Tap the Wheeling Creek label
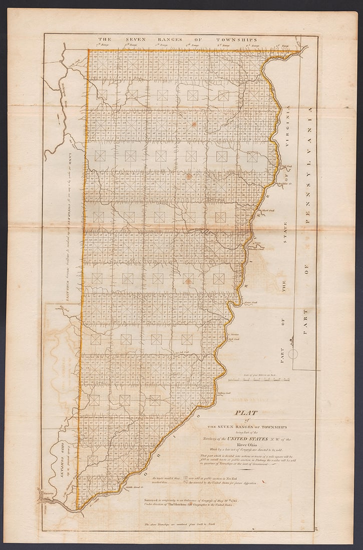[257, 242]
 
